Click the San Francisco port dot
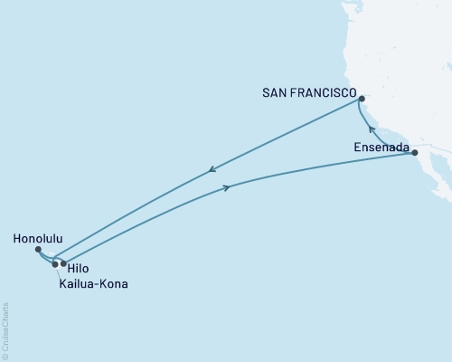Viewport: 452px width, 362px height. [361, 99]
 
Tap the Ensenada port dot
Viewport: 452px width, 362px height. [415, 153]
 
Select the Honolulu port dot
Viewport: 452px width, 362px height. [37, 249]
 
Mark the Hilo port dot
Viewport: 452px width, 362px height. [63, 263]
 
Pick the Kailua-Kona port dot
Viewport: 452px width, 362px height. [55, 264]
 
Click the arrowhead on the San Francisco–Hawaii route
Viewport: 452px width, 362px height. [212, 169]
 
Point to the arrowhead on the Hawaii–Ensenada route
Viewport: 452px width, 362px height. [226, 187]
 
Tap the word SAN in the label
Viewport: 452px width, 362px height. [275, 92]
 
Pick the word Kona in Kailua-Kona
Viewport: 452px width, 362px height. [112, 284]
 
